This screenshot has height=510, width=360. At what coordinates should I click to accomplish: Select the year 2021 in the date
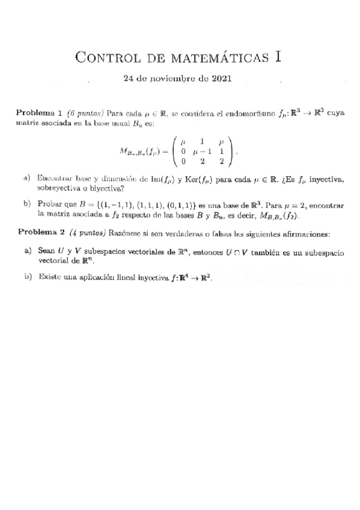pos(219,78)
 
